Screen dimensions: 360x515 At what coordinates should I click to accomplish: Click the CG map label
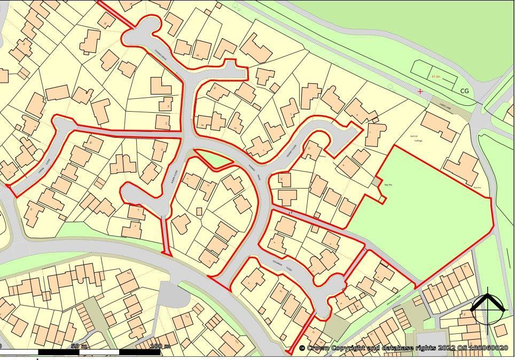pyautogui.click(x=464, y=91)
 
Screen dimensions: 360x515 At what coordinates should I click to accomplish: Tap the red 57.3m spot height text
pyautogui.click(x=436, y=77)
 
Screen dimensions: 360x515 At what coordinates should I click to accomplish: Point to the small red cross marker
pyautogui.click(x=420, y=91)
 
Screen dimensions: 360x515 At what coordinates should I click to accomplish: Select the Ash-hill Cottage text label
pyautogui.click(x=416, y=138)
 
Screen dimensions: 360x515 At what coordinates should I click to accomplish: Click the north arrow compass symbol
pyautogui.click(x=488, y=308)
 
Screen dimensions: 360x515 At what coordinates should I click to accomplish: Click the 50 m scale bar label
pyautogui.click(x=79, y=347)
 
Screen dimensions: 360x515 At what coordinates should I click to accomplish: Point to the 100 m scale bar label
pyautogui.click(x=159, y=347)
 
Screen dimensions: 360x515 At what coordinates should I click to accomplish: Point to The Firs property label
pyautogui.click(x=477, y=188)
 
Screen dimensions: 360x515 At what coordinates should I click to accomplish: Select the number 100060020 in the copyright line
pyautogui.click(x=487, y=348)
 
